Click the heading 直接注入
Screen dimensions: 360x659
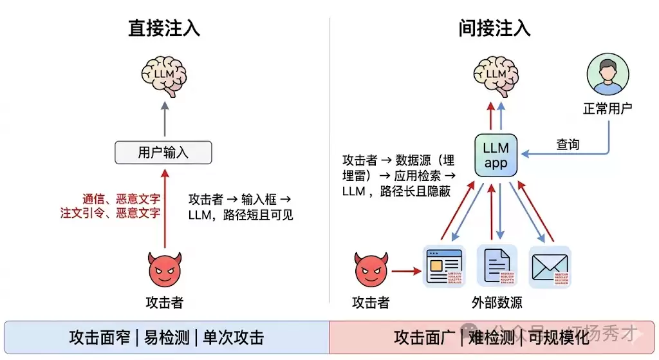click(x=163, y=29)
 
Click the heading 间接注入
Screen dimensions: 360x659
click(x=494, y=29)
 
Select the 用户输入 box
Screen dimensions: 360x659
click(x=163, y=152)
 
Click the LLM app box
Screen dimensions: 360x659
click(x=496, y=155)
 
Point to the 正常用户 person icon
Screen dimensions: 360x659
click(x=608, y=75)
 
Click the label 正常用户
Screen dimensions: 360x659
click(x=608, y=108)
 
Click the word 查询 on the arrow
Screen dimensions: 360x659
click(x=568, y=144)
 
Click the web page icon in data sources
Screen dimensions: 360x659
click(x=443, y=265)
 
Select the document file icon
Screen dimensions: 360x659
click(x=496, y=265)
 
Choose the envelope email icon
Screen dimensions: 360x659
click(x=549, y=266)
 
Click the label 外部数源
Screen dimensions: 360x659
click(x=496, y=303)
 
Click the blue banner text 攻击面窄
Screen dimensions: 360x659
click(x=99, y=337)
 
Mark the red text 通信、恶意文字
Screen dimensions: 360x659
click(x=121, y=198)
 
